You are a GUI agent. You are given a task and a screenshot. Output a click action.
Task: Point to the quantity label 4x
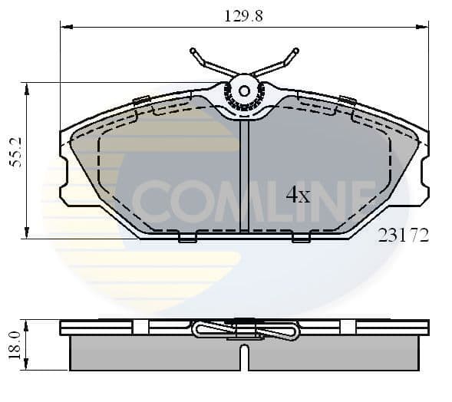298,196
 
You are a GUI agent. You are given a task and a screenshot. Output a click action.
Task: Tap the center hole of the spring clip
244,91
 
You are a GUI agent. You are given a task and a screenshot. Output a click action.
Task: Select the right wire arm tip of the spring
294,53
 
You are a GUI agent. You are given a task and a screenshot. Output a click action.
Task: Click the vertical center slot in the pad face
244,176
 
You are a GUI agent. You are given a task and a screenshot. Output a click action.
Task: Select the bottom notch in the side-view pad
243,358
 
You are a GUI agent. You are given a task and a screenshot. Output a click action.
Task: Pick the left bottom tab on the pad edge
187,239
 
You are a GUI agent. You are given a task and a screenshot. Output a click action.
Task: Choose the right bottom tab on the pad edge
301,239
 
